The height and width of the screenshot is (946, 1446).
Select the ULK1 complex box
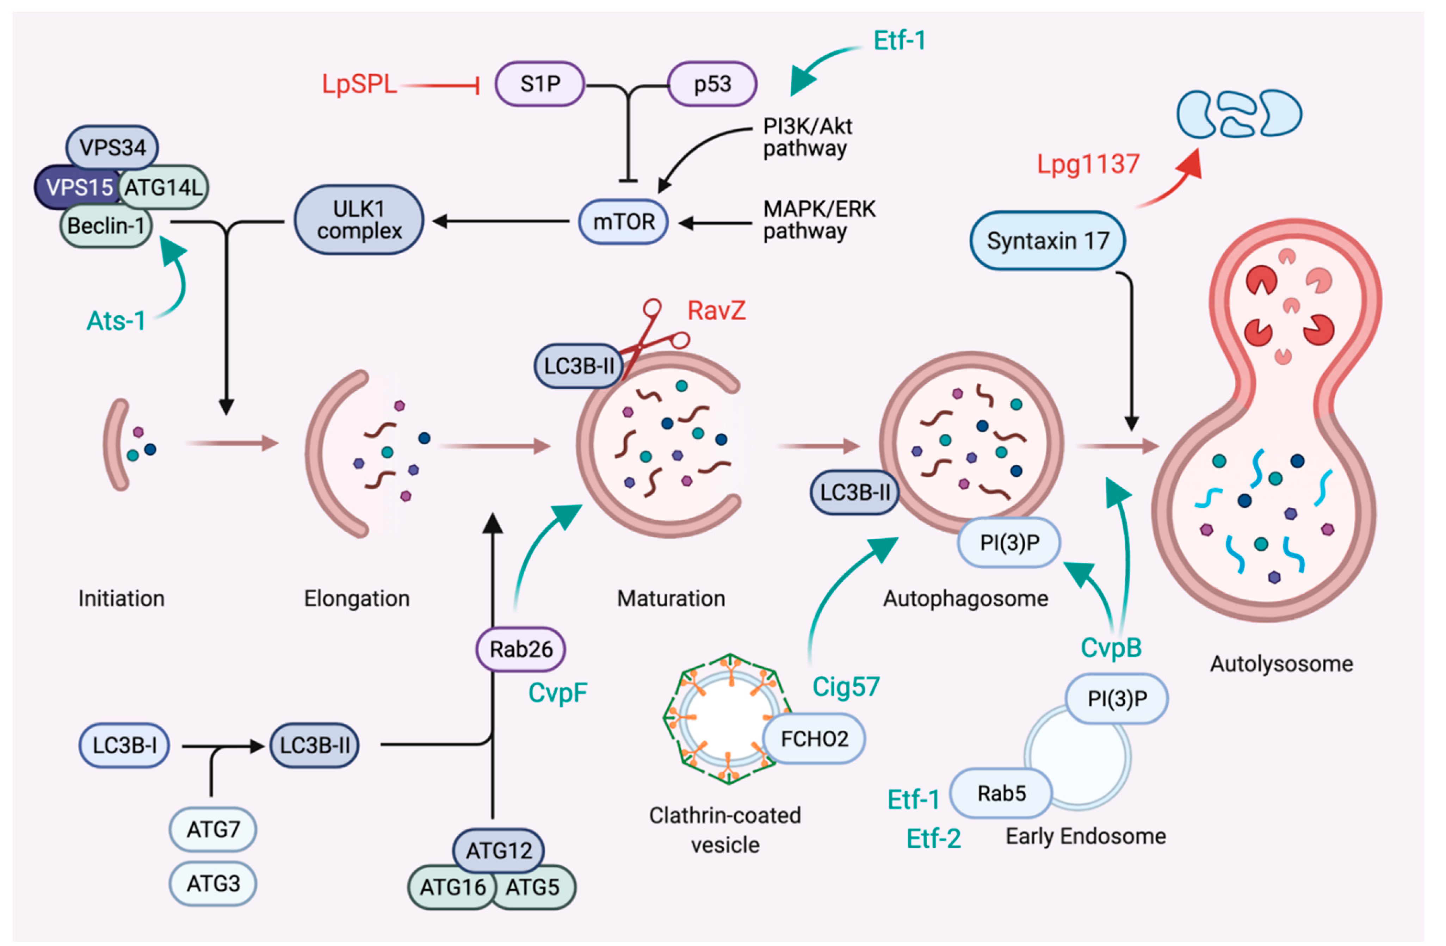tap(359, 220)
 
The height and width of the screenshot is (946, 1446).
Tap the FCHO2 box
tap(814, 739)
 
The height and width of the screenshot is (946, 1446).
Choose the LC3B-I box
tap(124, 746)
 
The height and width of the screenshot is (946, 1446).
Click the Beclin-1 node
tap(106, 226)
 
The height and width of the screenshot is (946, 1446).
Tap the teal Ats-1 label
tap(116, 321)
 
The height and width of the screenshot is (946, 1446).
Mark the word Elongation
tap(357, 599)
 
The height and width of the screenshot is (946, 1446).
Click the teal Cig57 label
tap(846, 687)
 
